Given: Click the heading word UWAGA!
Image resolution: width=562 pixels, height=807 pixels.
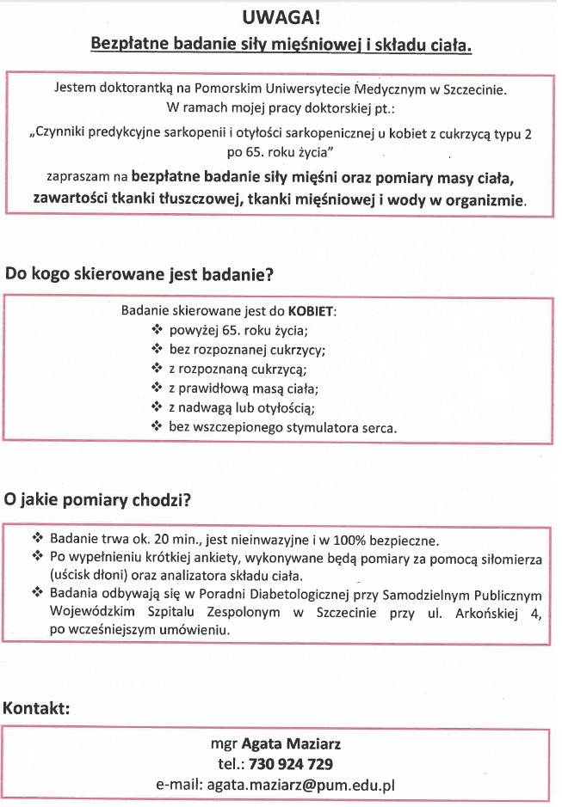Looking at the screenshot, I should tap(281, 17).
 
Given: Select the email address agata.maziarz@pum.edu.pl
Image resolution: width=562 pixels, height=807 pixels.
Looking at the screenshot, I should tap(299, 785).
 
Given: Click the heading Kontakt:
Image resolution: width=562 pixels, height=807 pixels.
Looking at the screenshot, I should tap(36, 709).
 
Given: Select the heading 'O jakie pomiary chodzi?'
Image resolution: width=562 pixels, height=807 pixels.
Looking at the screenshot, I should tap(98, 500).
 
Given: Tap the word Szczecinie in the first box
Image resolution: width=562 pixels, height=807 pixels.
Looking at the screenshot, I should tap(477, 89).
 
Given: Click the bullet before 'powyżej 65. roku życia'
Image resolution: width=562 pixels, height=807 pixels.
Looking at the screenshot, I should tap(156, 330).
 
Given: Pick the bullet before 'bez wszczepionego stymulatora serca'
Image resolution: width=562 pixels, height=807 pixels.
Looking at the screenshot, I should tap(156, 425).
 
